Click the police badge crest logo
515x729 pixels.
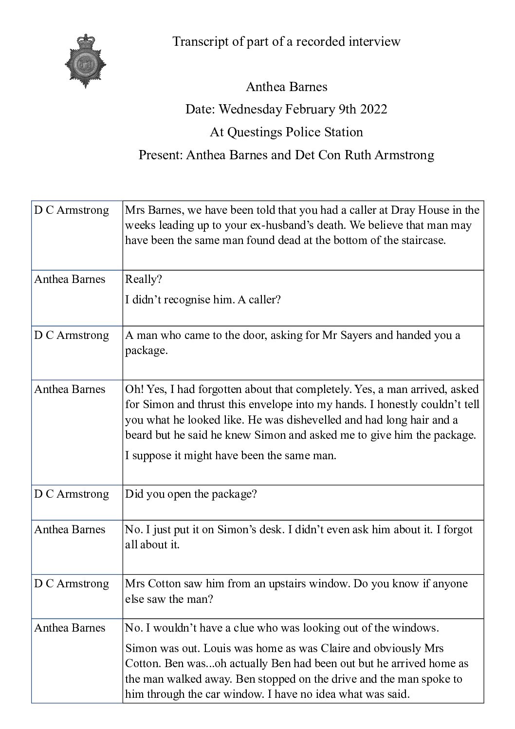pyautogui.click(x=86, y=61)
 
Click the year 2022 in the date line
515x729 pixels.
pyautogui.click(x=373, y=109)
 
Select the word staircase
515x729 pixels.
pyautogui.click(x=421, y=241)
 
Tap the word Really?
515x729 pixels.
pyautogui.click(x=144, y=280)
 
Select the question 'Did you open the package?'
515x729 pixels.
pyautogui.click(x=191, y=494)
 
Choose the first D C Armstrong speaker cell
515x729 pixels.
pyautogui.click(x=72, y=210)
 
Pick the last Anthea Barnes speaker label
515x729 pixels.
pyautogui.click(x=70, y=628)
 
